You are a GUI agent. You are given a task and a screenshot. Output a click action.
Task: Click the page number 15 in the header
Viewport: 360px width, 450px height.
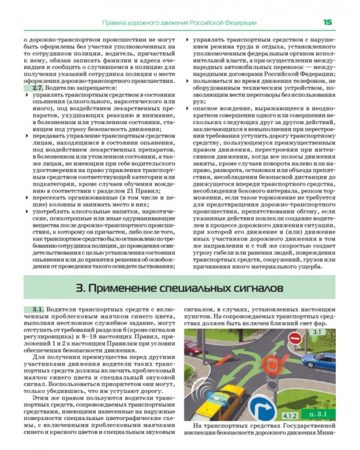(x=328, y=22)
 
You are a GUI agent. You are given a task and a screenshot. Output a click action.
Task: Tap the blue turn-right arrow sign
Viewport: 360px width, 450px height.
(x=266, y=408)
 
